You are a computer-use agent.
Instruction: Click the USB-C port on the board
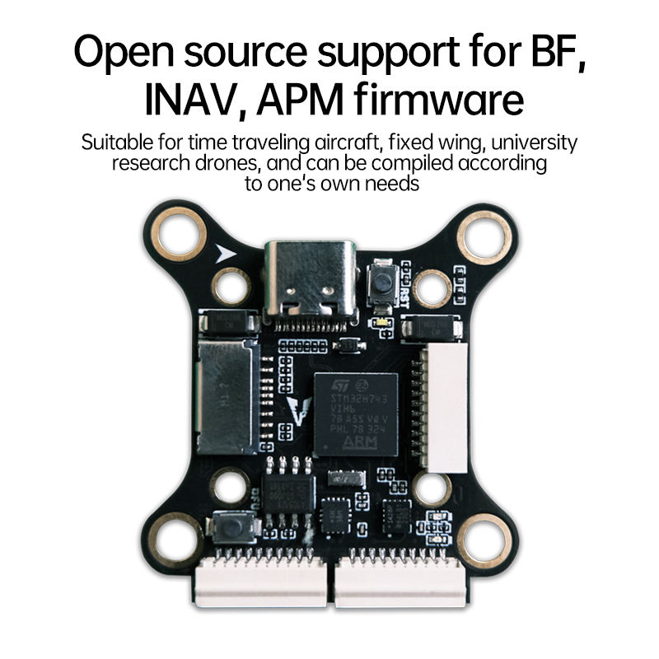310,279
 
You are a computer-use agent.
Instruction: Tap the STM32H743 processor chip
354,413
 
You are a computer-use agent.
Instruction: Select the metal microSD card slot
226,398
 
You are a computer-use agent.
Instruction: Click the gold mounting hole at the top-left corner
180,234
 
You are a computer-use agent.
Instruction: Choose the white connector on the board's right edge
445,408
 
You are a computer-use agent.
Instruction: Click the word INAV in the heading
191,100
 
